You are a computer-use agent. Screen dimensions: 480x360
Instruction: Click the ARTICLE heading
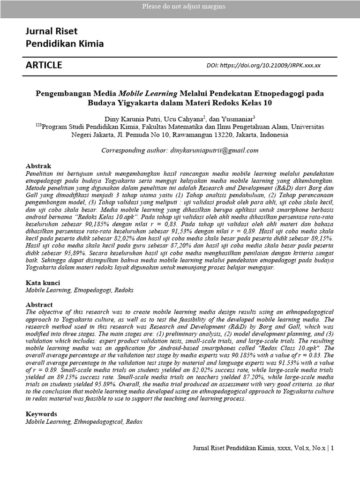(44, 65)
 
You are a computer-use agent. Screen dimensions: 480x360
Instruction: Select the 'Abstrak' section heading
(38, 166)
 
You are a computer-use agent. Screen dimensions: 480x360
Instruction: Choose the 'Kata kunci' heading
(42, 283)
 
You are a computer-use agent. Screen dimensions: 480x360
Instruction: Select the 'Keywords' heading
(41, 414)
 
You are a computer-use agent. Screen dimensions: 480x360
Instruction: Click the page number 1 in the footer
(332, 448)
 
